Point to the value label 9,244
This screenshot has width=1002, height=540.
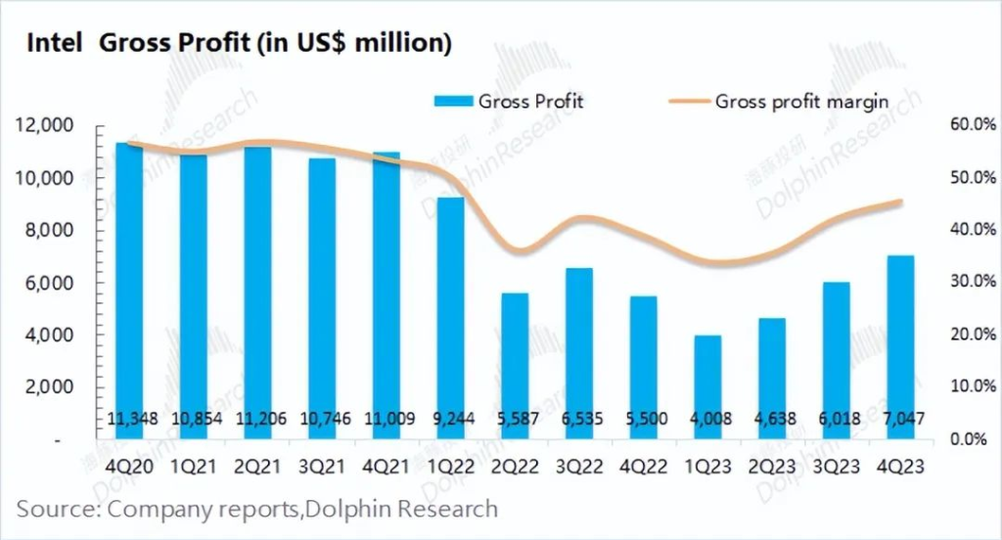pyautogui.click(x=450, y=419)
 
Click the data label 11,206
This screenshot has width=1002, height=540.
pyautogui.click(x=256, y=419)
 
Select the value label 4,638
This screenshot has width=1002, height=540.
pyautogui.click(x=772, y=419)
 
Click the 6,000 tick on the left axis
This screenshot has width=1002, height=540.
pyautogui.click(x=50, y=283)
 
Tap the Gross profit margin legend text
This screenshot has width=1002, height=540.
pyautogui.click(x=801, y=101)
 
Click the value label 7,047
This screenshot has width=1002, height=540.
pyautogui.click(x=900, y=419)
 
